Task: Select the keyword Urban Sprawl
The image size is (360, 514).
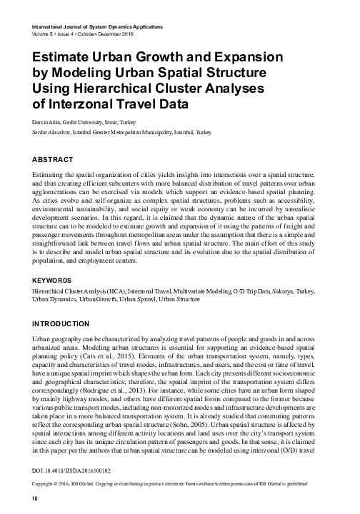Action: pyautogui.click(x=186, y=301)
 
